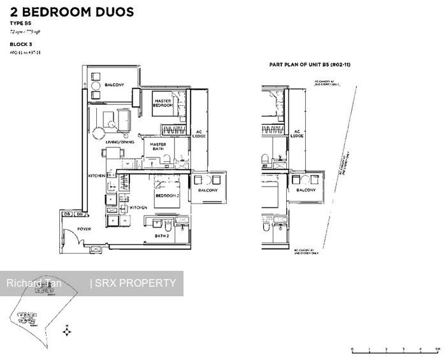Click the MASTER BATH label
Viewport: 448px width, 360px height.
pyautogui.click(x=157, y=147)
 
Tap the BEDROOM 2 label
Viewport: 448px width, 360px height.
pyautogui.click(x=165, y=196)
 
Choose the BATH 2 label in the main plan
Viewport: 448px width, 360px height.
pyautogui.click(x=161, y=236)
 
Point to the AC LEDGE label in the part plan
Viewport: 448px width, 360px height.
pyautogui.click(x=297, y=134)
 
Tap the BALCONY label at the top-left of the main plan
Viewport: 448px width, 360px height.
pyautogui.click(x=114, y=82)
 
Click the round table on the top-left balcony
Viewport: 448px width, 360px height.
pyautogui.click(x=95, y=85)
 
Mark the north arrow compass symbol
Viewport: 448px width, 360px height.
pyautogui.click(x=68, y=332)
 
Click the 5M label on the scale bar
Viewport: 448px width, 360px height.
pyautogui.click(x=437, y=349)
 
